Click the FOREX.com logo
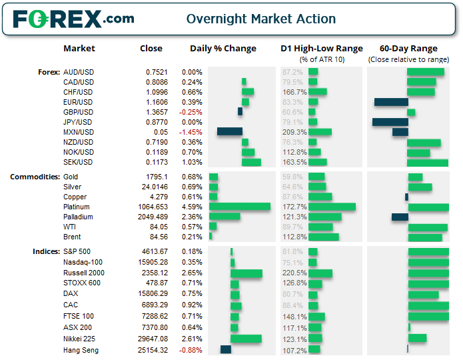tap(73, 19)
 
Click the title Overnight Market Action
tap(261, 19)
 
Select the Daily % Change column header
tap(223, 49)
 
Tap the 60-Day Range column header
tap(408, 49)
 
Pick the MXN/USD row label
tap(78, 132)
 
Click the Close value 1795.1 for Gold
tap(156, 177)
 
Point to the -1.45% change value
tap(191, 132)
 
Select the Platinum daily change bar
tap(240, 207)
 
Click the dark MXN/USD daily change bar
tap(230, 132)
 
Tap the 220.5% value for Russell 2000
tap(294, 273)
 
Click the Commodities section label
tap(34, 177)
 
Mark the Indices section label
tap(45, 251)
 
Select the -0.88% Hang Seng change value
tap(191, 350)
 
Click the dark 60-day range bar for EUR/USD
tap(391, 102)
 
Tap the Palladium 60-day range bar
tap(400, 217)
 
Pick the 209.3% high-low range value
tap(294, 132)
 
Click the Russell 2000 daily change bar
tap(246, 273)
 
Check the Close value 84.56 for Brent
tap(157, 237)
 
